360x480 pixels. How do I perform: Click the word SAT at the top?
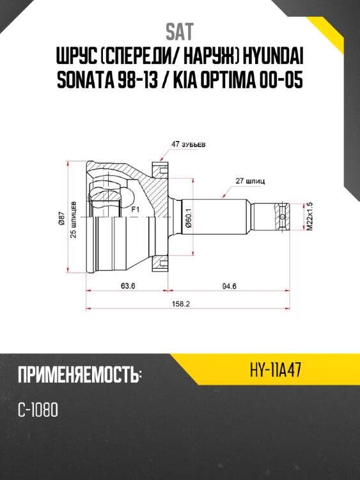coord(179,31)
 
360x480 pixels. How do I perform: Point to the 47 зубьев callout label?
coord(187,144)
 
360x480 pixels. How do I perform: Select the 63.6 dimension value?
coord(127,285)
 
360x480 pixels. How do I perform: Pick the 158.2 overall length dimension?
coord(181,304)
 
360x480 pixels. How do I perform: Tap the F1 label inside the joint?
coord(134,209)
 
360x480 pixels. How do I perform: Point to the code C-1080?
coord(38,410)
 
